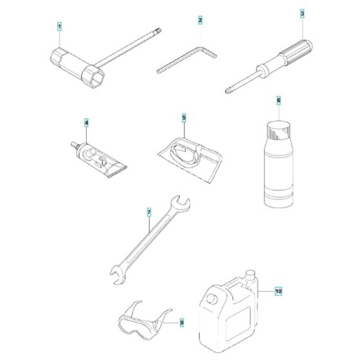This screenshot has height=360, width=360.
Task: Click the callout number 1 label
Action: (x=59, y=27)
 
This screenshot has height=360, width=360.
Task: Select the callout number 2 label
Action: (x=200, y=20)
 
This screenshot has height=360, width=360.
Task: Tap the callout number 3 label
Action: (x=302, y=14)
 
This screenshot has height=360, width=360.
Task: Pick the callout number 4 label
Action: (x=86, y=123)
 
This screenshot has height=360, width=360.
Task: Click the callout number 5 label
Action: (x=184, y=118)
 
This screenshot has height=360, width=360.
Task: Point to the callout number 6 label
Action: (x=279, y=100)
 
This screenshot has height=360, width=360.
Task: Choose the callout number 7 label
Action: (x=149, y=212)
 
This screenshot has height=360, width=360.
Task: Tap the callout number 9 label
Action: (x=181, y=323)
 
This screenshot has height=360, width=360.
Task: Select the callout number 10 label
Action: (x=278, y=291)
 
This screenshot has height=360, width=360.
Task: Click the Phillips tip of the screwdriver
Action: (x=228, y=91)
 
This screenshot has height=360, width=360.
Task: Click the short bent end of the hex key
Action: (x=208, y=52)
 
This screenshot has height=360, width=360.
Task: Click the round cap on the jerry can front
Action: (x=212, y=299)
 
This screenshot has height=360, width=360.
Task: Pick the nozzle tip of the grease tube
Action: (x=73, y=145)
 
